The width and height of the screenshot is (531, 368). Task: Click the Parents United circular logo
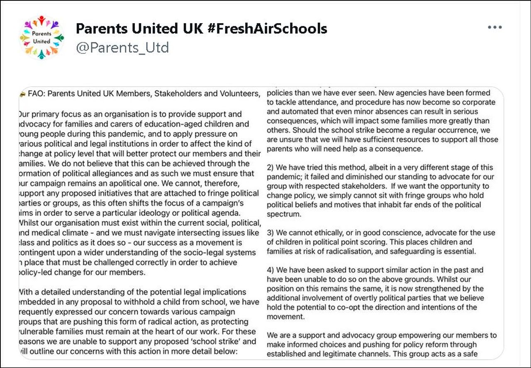coord(42,38)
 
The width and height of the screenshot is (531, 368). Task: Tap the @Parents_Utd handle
coord(122,48)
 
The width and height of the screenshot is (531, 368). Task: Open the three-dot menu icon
coord(494,27)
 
